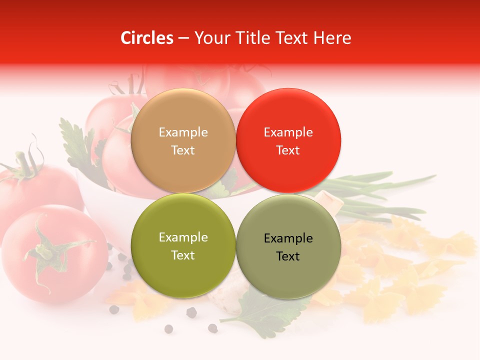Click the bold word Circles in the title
pos(147,38)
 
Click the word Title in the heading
pos(253,38)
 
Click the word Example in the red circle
pos(288,132)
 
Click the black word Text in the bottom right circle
pos(288,256)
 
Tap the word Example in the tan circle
pos(183,132)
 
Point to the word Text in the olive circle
pos(183,255)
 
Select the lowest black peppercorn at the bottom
pos(169,329)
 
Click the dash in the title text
pos(183,38)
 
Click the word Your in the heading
pos(211,38)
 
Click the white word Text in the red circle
pos(288,150)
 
